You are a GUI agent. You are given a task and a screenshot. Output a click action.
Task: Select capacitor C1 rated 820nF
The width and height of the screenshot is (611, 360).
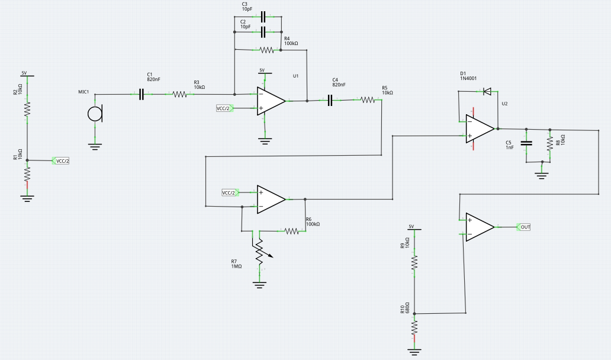(142, 94)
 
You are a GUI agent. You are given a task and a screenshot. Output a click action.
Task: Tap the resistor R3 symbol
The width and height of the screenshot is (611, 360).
(179, 94)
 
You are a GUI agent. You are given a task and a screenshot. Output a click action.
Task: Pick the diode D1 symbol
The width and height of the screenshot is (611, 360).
(487, 91)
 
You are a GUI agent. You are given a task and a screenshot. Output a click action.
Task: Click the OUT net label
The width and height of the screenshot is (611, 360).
(524, 227)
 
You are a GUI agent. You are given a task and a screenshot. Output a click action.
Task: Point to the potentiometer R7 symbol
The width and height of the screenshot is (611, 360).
(259, 251)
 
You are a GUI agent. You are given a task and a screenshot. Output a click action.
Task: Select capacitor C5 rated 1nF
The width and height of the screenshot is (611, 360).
(525, 143)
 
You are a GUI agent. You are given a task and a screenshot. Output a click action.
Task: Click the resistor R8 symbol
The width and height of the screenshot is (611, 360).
(550, 143)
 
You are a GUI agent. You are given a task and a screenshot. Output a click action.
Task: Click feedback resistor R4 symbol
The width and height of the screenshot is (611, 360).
(266, 50)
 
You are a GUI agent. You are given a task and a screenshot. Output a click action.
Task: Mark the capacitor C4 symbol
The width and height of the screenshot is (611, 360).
(330, 101)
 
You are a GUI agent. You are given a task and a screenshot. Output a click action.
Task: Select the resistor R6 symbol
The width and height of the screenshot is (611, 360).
(292, 231)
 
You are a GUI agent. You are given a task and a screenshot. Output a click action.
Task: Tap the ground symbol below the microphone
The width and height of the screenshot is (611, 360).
(95, 144)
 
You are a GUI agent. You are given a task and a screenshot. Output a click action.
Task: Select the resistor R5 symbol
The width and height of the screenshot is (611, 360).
(368, 101)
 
